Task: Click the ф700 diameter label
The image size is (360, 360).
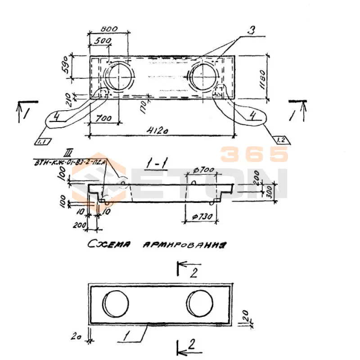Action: pyautogui.click(x=201, y=170)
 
